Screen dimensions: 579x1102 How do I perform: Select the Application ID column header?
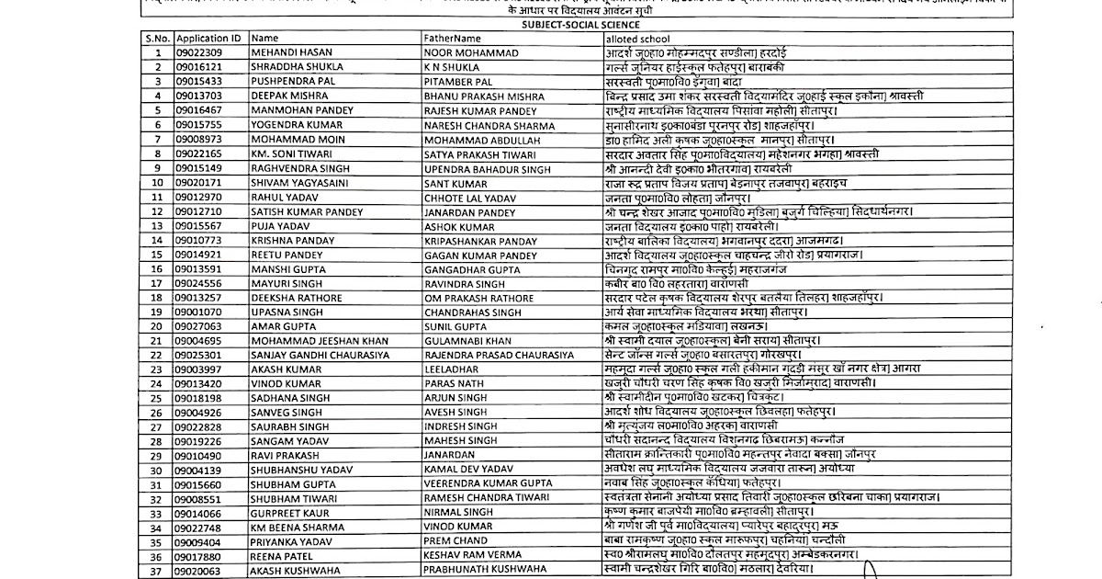click(208, 39)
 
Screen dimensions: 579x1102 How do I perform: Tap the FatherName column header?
click(452, 39)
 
